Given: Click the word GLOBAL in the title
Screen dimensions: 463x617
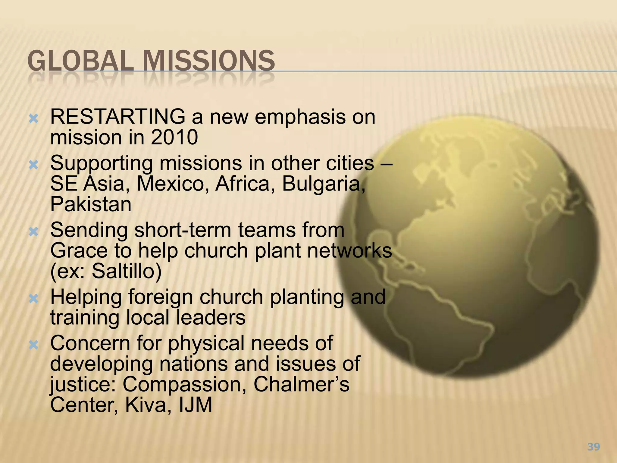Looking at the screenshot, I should coord(80,61).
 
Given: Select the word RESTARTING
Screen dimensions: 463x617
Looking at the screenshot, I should coord(117,117).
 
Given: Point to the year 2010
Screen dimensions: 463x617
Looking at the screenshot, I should coord(174,137).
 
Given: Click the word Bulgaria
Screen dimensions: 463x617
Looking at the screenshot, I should coord(324,184).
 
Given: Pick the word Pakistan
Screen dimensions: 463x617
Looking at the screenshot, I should coord(91,204).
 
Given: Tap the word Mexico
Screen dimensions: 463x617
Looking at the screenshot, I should coord(173,184).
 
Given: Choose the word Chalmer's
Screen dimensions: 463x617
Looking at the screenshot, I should coord(301,384).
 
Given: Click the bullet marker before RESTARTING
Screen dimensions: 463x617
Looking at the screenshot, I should coord(33,119).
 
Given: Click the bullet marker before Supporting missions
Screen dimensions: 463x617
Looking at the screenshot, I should coord(33,165).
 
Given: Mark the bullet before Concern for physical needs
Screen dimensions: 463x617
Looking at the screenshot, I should coord(33,345).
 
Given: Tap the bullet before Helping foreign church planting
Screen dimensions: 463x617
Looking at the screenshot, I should coord(33,299).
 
